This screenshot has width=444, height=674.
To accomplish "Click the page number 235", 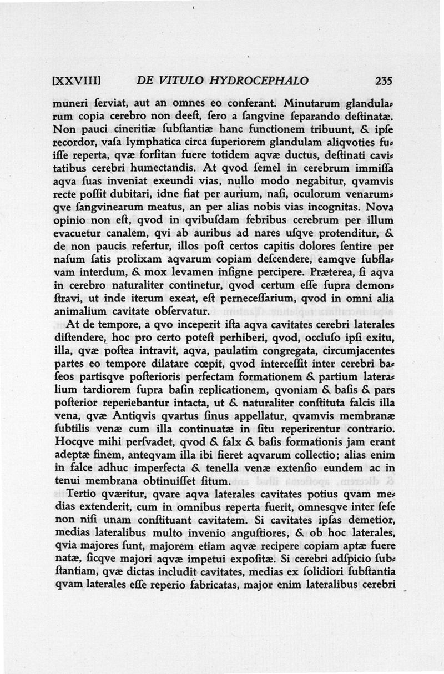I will [384, 81].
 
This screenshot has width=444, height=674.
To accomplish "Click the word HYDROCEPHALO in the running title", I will [265, 81].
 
